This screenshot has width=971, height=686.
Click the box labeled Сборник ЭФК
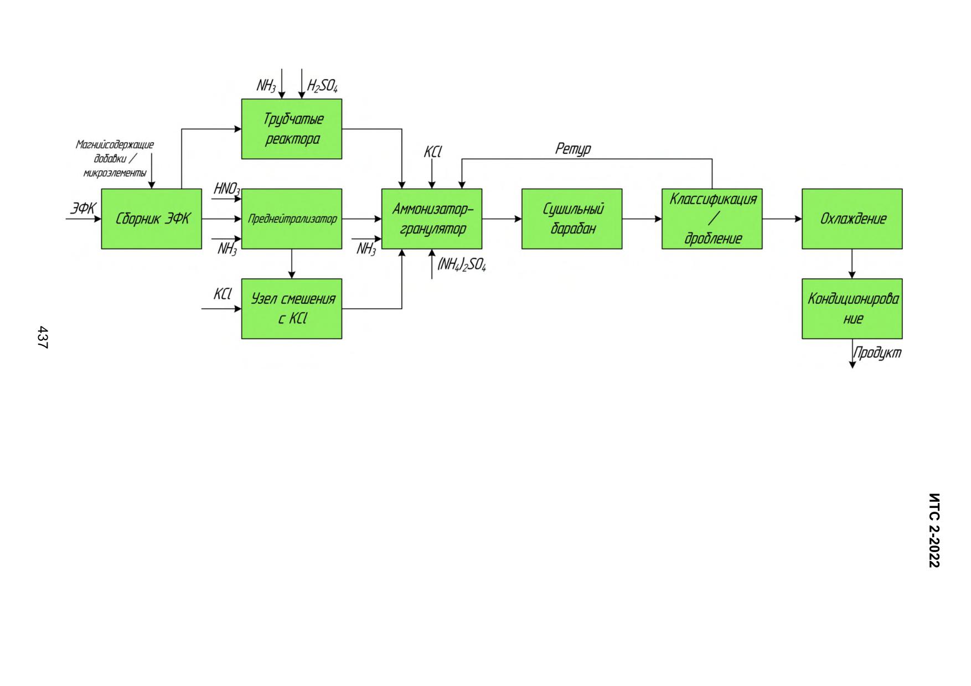pyautogui.click(x=151, y=219)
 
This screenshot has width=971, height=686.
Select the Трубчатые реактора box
pyautogui.click(x=292, y=129)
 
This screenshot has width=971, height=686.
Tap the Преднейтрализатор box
pyautogui.click(x=292, y=219)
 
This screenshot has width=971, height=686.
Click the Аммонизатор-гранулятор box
pyautogui.click(x=432, y=219)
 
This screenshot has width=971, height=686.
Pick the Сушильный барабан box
pyautogui.click(x=572, y=219)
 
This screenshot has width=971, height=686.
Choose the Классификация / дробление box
pyautogui.click(x=712, y=219)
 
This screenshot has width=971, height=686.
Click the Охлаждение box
pyautogui.click(x=852, y=219)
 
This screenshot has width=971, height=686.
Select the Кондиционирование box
pyautogui.click(x=852, y=309)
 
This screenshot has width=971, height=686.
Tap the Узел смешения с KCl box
pyautogui.click(x=292, y=309)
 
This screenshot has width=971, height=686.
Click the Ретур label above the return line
pyautogui.click(x=573, y=149)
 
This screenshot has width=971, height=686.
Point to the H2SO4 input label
pyautogui.click(x=323, y=86)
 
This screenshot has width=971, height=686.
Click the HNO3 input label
pyautogui.click(x=227, y=189)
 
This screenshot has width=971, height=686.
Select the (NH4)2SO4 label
pyautogui.click(x=462, y=264)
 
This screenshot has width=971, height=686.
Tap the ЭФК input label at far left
pyautogui.click(x=83, y=209)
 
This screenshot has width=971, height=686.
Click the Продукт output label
pyautogui.click(x=877, y=353)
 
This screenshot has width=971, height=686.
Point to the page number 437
pyautogui.click(x=43, y=337)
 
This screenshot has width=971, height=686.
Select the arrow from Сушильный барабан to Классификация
pyautogui.click(x=642, y=219)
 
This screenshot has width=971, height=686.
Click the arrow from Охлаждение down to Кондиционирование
pyautogui.click(x=852, y=264)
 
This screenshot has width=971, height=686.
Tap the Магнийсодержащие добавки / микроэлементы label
pyautogui.click(x=115, y=159)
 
